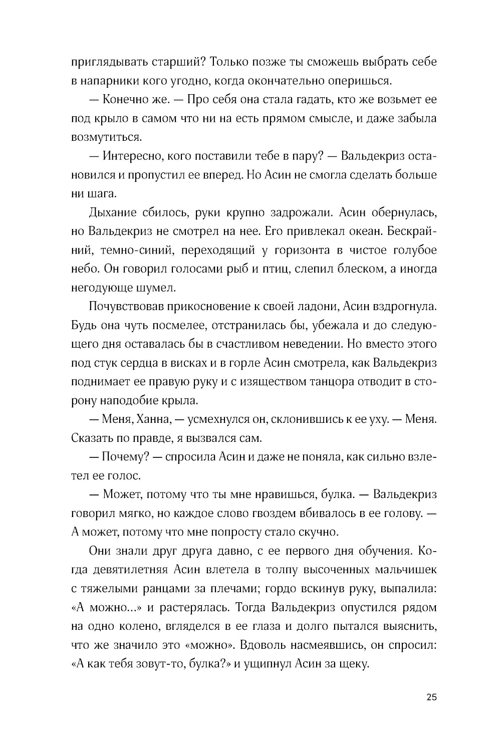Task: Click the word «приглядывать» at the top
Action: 104,62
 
